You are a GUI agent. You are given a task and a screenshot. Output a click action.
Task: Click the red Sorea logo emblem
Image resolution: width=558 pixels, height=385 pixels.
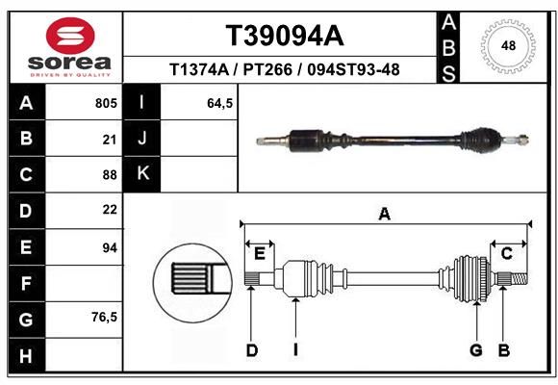[70, 36]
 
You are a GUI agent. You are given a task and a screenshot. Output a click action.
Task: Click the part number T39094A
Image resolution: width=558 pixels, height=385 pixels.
[285, 36]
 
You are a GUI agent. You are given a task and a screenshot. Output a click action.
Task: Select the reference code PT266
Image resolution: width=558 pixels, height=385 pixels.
[267, 70]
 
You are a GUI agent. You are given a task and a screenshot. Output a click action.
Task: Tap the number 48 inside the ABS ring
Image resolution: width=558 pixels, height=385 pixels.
[508, 46]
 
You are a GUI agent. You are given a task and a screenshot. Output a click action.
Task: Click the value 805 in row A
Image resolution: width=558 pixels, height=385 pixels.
[106, 103]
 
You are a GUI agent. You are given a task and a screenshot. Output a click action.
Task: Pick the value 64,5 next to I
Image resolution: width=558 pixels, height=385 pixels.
[220, 103]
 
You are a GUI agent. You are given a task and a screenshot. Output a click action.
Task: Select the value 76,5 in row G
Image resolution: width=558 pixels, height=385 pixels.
[104, 317]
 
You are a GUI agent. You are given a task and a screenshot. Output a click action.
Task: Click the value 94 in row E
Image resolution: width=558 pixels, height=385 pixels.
[110, 247]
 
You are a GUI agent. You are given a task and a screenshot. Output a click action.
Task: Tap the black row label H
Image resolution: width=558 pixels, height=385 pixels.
[27, 355]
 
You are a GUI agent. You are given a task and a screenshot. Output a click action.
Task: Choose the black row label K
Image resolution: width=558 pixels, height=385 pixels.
[142, 174]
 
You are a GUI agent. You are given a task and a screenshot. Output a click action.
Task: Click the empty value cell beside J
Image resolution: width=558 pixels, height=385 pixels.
[199, 138]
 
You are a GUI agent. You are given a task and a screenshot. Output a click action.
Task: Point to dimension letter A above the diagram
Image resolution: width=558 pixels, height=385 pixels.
[385, 215]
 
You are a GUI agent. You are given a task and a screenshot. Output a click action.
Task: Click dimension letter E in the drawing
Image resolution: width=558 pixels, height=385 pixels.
[260, 254]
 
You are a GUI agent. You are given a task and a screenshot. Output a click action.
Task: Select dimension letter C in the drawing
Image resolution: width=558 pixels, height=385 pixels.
[506, 254]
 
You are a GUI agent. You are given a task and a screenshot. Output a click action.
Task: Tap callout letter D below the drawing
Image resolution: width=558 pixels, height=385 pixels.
[252, 350]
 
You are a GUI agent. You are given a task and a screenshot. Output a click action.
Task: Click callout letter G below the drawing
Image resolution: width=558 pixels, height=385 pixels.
[476, 350]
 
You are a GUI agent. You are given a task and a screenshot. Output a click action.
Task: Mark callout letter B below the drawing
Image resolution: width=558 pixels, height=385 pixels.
[504, 350]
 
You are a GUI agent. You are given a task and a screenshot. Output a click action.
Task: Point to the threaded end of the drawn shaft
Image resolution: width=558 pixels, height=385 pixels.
[520, 278]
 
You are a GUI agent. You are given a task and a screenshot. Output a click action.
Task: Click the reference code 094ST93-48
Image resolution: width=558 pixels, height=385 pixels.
[353, 70]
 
